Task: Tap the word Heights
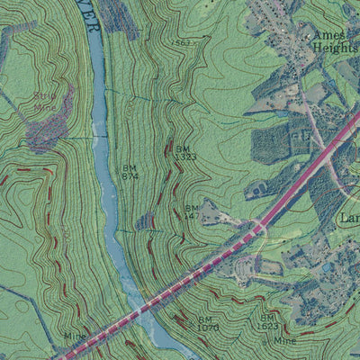pyautogui.click(x=335, y=48)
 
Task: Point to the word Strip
pyautogui.click(x=44, y=95)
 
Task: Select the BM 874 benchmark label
pyautogui.click(x=130, y=171)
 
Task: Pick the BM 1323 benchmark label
pyautogui.click(x=184, y=152)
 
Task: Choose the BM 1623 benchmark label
pyautogui.click(x=268, y=321)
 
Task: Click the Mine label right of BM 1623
pyautogui.click(x=285, y=341)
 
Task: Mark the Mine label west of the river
pyautogui.click(x=74, y=336)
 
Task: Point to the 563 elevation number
pyautogui.click(x=184, y=41)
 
